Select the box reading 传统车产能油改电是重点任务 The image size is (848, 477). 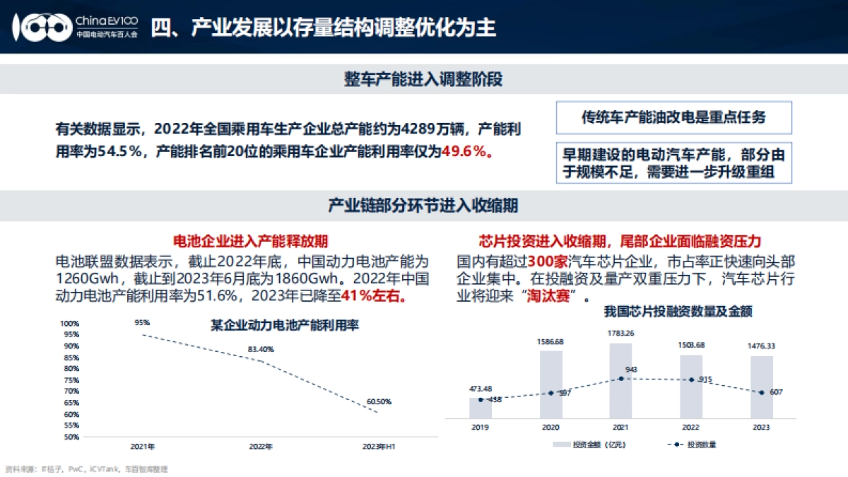click(x=673, y=118)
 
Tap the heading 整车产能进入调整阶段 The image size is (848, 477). click(x=423, y=79)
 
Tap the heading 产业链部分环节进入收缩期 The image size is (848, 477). click(x=423, y=206)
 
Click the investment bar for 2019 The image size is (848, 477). click(x=481, y=408)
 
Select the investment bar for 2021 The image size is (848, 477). click(x=620, y=380)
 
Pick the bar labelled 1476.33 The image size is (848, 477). click(x=761, y=387)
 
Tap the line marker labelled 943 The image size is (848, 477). click(x=620, y=379)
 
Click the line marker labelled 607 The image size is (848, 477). click(x=761, y=392)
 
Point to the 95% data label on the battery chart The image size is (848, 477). click(x=142, y=323)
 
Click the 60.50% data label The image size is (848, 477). click(x=379, y=401)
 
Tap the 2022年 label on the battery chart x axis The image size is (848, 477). click(x=261, y=447)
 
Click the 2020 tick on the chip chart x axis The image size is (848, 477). click(x=550, y=428)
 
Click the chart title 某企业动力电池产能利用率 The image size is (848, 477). click(x=285, y=326)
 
